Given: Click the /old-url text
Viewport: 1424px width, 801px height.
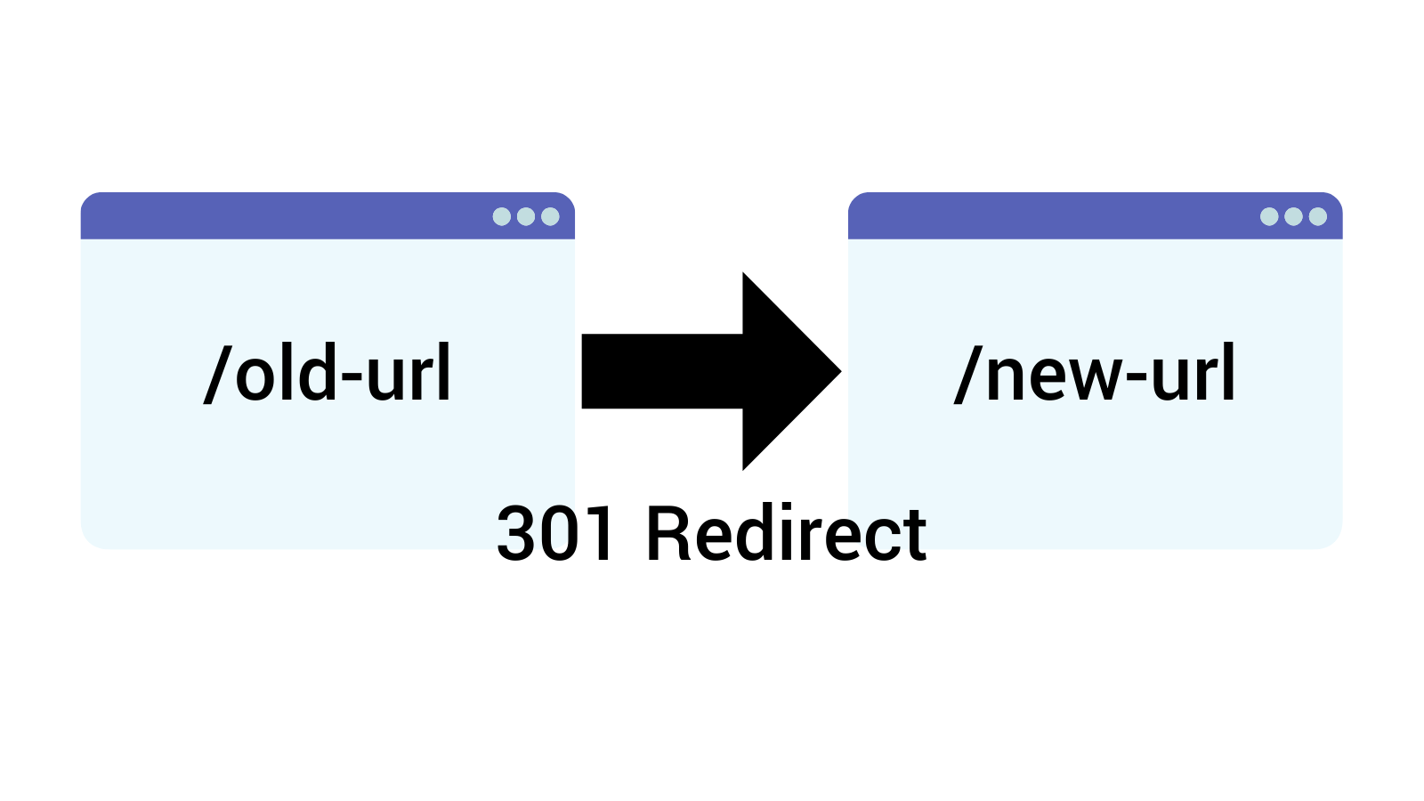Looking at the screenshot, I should [328, 374].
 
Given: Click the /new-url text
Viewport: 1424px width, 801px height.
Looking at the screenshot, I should [1095, 374].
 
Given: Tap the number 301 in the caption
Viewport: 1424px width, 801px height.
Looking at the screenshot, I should [555, 534].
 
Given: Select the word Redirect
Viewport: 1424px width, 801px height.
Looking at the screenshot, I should [786, 534].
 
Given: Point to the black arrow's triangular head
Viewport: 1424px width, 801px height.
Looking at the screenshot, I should [788, 371].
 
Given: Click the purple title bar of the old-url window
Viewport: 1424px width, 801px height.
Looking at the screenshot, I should [285, 216].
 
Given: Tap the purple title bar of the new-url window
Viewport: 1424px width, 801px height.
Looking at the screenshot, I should [1050, 216].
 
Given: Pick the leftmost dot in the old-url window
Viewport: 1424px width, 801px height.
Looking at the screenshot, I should [502, 216].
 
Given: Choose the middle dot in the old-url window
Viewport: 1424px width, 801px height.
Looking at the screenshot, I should [526, 216].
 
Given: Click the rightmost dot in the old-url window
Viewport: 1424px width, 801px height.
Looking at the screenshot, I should [550, 216].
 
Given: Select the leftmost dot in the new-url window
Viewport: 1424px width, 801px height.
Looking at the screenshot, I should [1269, 216].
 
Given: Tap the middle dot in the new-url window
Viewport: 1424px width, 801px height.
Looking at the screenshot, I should [1293, 216].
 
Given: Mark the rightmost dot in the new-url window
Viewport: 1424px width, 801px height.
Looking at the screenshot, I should [1318, 216].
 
